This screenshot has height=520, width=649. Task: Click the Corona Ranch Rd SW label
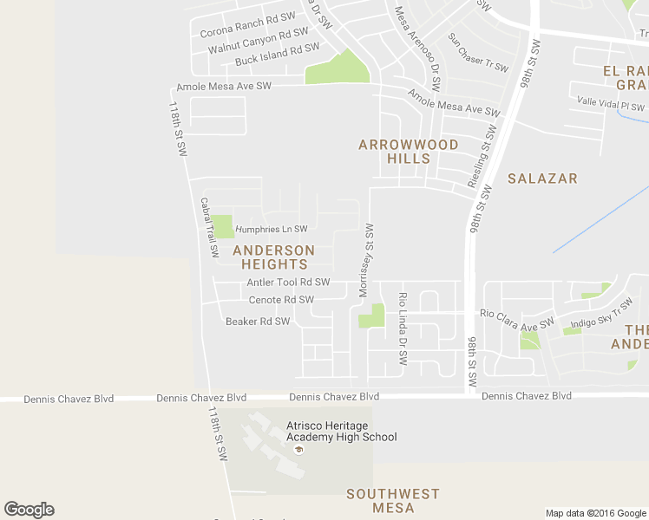[247, 25]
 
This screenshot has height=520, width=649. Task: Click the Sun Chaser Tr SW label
[476, 53]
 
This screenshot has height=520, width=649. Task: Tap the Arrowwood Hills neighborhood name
[408, 152]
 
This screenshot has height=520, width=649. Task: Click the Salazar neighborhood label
[542, 179]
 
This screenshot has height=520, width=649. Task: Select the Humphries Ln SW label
[272, 229]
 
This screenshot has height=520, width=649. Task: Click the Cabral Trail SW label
[210, 227]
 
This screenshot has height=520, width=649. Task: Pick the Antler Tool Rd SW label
[288, 283]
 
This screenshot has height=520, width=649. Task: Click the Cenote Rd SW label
[281, 300]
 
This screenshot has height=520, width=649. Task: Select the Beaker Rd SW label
[257, 322]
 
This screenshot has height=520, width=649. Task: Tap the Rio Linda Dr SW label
[403, 328]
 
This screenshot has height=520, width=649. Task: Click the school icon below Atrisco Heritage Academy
[299, 450]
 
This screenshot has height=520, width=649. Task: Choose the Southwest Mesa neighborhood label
[393, 501]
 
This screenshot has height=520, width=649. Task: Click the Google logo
[29, 510]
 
